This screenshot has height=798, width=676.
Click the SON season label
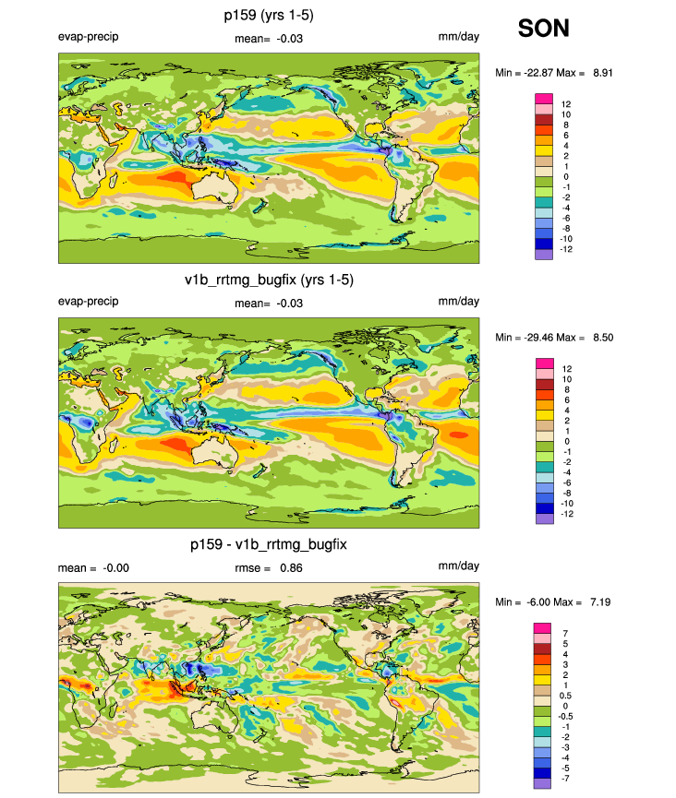pyautogui.click(x=543, y=29)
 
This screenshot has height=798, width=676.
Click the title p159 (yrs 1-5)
pyautogui.click(x=270, y=16)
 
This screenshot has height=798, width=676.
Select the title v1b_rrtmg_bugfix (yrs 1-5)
pyautogui.click(x=270, y=280)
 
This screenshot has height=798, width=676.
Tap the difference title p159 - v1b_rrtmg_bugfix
pyautogui.click(x=269, y=544)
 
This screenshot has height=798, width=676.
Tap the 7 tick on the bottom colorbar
pyautogui.click(x=563, y=632)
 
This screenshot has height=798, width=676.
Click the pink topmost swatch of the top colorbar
pyautogui.click(x=543, y=98)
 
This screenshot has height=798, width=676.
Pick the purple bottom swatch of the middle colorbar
pyautogui.click(x=543, y=518)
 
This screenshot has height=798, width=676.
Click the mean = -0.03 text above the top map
pyautogui.click(x=270, y=38)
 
